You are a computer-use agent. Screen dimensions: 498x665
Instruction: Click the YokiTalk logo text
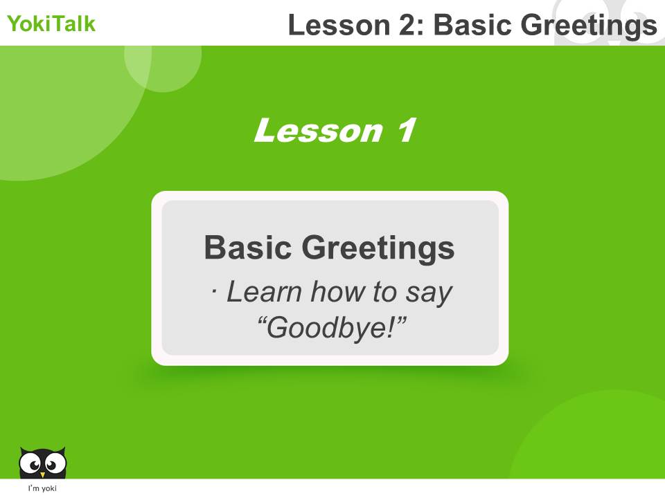tap(51, 25)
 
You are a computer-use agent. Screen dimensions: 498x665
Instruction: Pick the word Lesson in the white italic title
tap(318, 131)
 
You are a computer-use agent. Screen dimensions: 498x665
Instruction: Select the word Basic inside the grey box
tap(247, 248)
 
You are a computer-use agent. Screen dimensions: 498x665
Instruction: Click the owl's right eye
tap(53, 462)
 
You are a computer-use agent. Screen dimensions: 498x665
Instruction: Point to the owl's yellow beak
tap(43, 474)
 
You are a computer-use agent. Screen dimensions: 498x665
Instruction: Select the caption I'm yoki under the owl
tap(42, 489)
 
